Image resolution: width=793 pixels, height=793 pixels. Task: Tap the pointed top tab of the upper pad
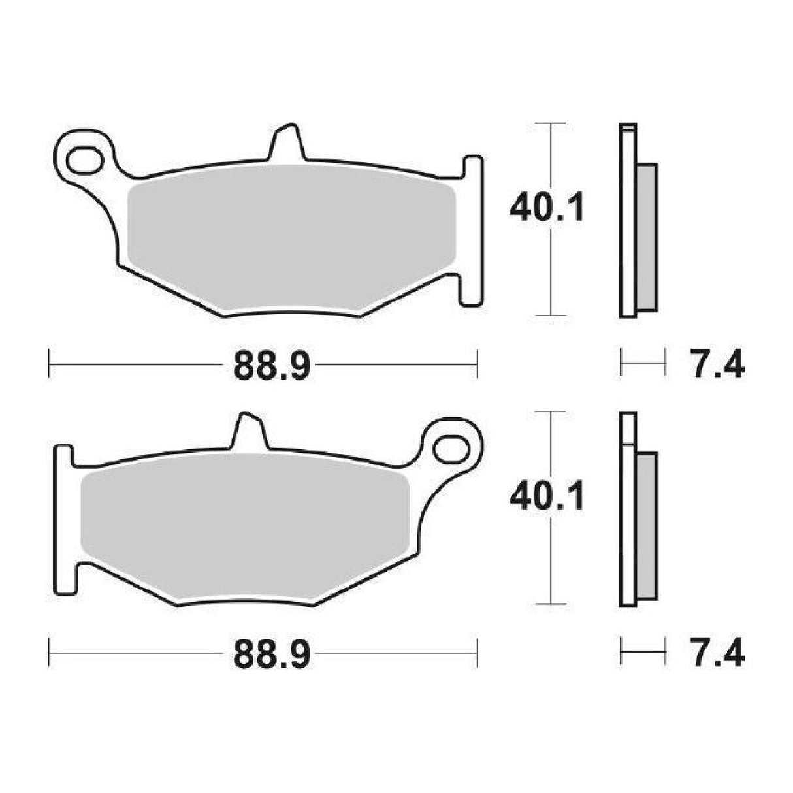286,141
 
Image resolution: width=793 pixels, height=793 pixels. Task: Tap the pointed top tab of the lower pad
249,430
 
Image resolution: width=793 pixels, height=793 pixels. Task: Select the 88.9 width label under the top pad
272,368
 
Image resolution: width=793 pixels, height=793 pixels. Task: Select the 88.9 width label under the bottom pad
272,655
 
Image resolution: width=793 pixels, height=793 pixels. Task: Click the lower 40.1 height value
547,497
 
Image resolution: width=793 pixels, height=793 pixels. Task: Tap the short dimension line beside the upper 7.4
643,363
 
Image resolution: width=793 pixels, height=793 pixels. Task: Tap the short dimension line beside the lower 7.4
643,651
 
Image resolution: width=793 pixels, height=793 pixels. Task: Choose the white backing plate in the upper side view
627,222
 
